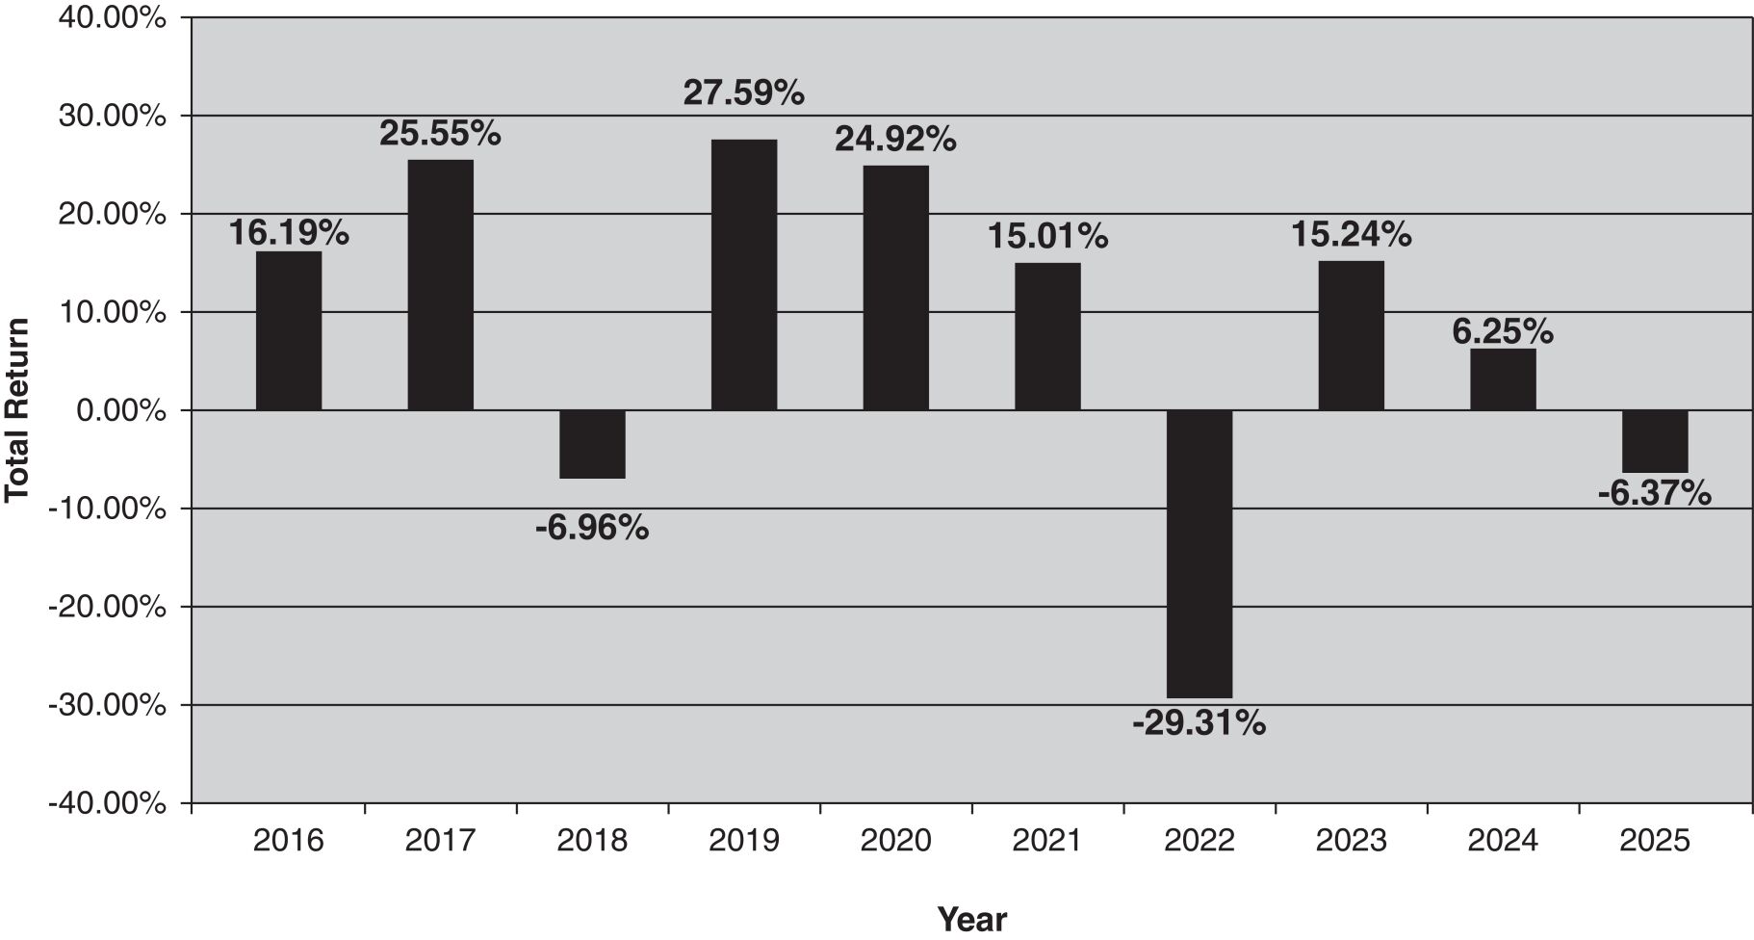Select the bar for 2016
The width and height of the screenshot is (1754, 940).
coord(289,330)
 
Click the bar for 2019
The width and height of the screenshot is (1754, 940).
coord(744,274)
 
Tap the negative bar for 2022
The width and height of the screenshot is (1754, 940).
coord(1199,554)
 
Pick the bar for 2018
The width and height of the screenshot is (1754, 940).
coord(592,444)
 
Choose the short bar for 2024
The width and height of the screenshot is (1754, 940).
coord(1503,379)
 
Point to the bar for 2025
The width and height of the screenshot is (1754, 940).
coord(1655,441)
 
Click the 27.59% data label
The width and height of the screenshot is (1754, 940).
coord(744,93)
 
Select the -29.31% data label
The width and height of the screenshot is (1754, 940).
coord(1199,722)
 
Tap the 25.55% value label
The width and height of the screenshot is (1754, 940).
coord(440,134)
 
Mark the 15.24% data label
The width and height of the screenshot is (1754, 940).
coord(1351,234)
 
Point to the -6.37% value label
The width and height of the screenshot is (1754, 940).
coord(1655,494)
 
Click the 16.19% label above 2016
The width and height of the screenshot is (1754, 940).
coord(289,232)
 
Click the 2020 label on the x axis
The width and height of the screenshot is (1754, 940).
coord(895,841)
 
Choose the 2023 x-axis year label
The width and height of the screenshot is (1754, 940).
coord(1351,841)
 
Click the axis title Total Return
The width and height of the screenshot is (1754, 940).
coord(16,410)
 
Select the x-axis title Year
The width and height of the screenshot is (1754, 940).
coord(972,919)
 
